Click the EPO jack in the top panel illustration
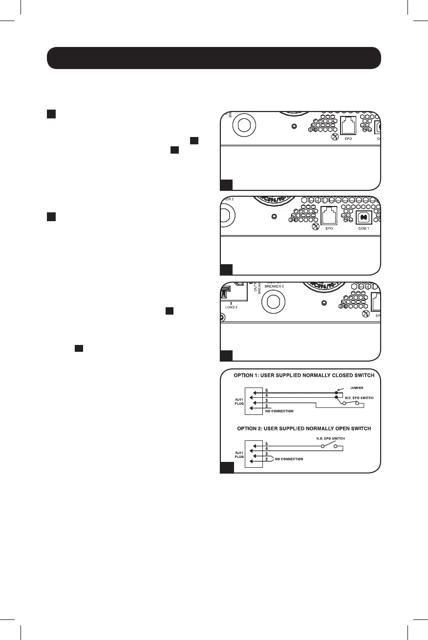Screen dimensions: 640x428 pos(347,126)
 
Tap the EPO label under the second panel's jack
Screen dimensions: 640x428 pos(328,229)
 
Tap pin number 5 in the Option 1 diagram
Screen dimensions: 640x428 pos(266,390)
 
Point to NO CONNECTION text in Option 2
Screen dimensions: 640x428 pos(289,459)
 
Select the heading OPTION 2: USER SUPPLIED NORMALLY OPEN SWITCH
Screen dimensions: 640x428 pos(304,429)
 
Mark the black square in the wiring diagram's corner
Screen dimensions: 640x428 pos(226,468)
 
